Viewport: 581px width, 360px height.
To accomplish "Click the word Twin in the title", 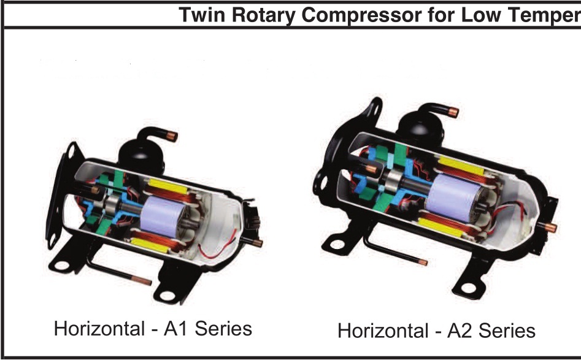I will [199, 14].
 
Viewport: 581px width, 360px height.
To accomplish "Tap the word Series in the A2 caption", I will [506, 331].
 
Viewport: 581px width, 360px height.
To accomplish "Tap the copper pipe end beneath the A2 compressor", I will [422, 262].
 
